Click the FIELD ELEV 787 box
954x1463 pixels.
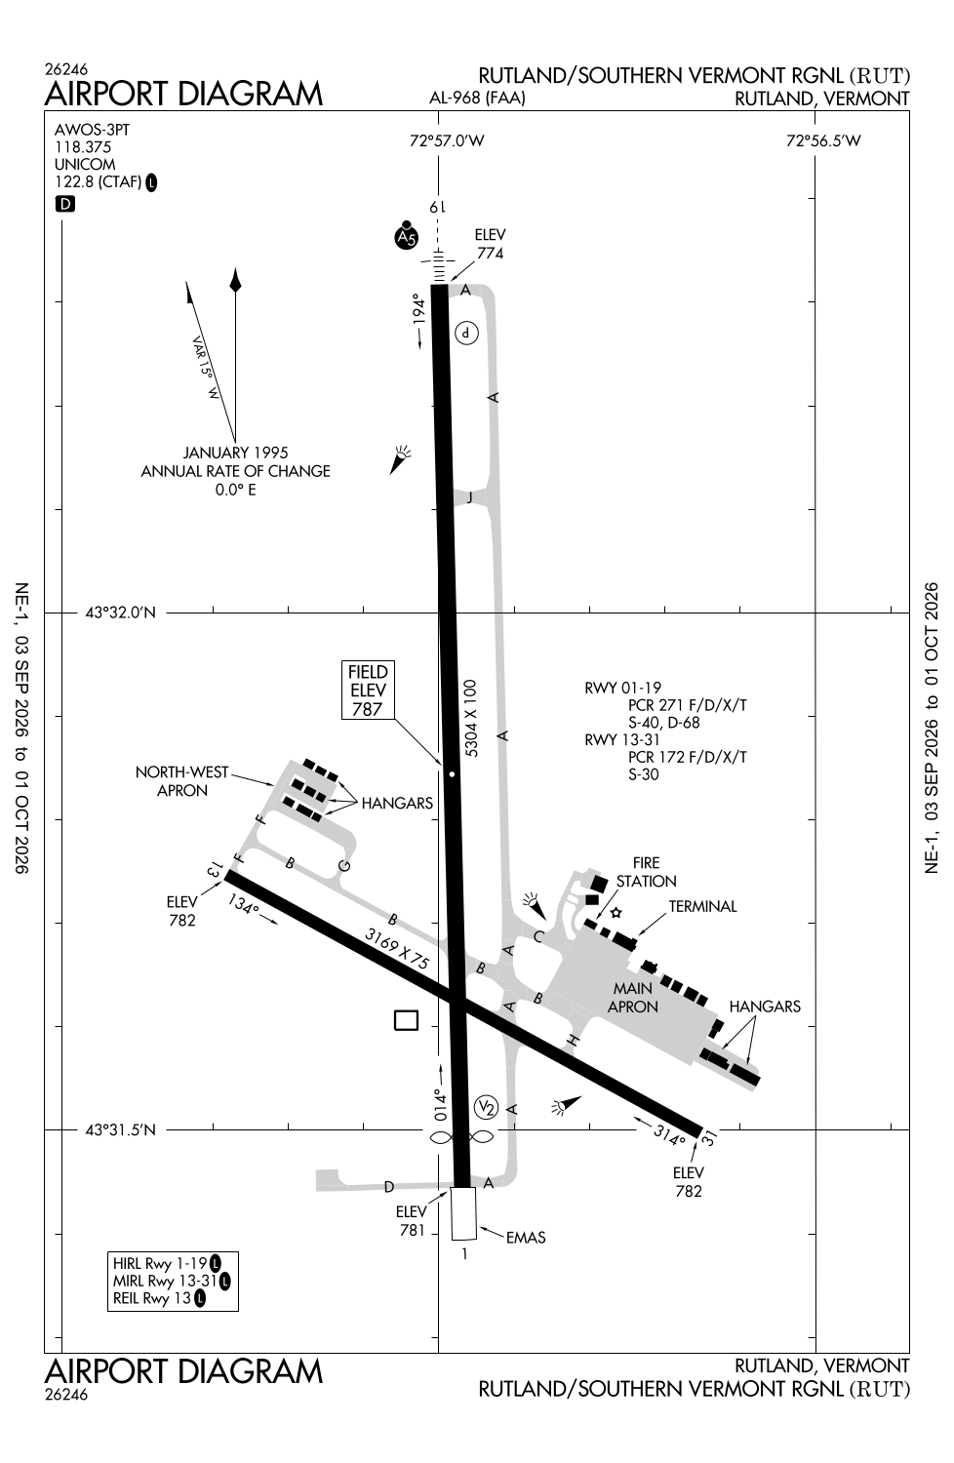[x=368, y=690]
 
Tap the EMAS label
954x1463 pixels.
[x=526, y=1237]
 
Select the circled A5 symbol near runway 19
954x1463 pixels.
[x=407, y=236]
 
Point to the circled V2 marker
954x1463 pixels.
[x=486, y=1106]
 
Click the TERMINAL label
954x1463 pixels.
[x=702, y=906]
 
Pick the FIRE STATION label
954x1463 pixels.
[x=646, y=872]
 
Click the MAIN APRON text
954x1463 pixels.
[x=632, y=998]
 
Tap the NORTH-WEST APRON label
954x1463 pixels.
[x=181, y=781]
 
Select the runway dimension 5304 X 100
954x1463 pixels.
[x=470, y=719]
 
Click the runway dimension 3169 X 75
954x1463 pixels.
[x=397, y=948]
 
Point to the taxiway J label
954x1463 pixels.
[x=469, y=497]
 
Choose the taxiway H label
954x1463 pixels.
[x=573, y=1041]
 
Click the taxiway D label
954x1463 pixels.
[x=389, y=1187]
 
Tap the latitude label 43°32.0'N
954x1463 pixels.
[x=121, y=613]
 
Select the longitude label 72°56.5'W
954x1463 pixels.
[x=823, y=140]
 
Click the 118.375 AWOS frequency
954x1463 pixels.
[x=83, y=147]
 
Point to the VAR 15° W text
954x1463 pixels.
[x=205, y=367]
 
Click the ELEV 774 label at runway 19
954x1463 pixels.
[x=490, y=244]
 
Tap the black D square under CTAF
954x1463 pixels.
[x=64, y=205]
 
